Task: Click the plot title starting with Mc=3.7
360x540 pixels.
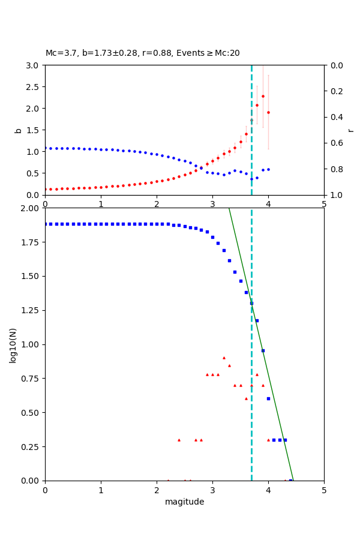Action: click(x=143, y=53)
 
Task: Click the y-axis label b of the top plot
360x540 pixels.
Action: click(x=18, y=130)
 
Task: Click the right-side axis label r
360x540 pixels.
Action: click(x=350, y=130)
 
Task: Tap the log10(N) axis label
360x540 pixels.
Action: click(x=13, y=344)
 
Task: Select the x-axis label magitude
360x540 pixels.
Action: click(x=184, y=502)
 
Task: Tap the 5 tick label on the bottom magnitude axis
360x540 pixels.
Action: click(x=324, y=490)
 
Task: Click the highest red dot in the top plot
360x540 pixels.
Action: click(x=263, y=96)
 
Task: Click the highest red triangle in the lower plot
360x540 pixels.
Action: click(x=224, y=358)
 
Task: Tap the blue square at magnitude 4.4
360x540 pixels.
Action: click(x=290, y=480)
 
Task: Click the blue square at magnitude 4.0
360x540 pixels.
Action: click(x=268, y=398)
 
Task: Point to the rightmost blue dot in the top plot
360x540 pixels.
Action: click(x=268, y=169)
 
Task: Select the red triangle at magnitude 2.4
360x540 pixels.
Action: click(x=179, y=440)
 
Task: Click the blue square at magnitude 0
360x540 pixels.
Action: click(x=45, y=224)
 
